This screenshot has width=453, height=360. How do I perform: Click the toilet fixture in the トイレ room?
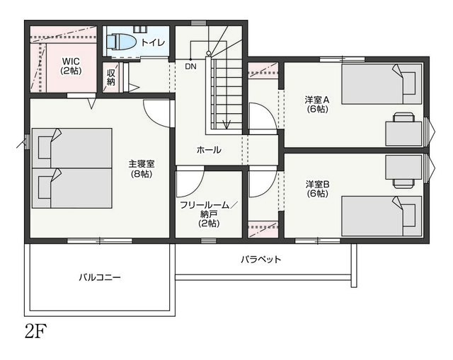[x=121, y=42]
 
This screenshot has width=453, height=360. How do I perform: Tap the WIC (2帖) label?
[x=71, y=66]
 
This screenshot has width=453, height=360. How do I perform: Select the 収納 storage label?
[x=111, y=77]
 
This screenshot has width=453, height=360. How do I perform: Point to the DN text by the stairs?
[x=190, y=66]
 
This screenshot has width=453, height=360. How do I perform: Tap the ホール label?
[x=209, y=150]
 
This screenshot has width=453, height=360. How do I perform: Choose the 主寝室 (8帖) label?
[x=142, y=169]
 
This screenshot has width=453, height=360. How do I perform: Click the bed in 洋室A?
[x=382, y=84]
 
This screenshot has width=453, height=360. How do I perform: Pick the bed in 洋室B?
[x=382, y=216]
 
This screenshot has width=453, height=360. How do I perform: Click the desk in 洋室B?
[x=404, y=171]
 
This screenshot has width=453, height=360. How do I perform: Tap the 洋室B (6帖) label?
[x=318, y=189]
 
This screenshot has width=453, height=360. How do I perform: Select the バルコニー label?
[x=100, y=278]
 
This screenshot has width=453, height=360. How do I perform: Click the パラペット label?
[x=261, y=260]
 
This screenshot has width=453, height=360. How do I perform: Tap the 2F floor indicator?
[x=35, y=331]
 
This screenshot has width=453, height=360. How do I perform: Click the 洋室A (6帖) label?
[x=317, y=105]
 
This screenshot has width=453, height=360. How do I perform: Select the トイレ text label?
[x=153, y=42]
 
